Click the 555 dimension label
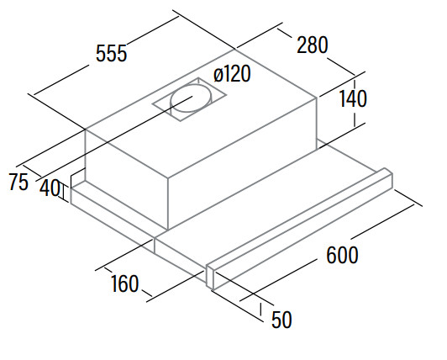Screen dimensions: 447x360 pyautogui.click(x=111, y=53)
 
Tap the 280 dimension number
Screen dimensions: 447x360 pyautogui.click(x=313, y=45)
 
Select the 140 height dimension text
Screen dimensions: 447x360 pyautogui.click(x=353, y=98)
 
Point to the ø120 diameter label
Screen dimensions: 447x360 pyautogui.click(x=232, y=73)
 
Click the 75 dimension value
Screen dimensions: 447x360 pyautogui.click(x=18, y=182)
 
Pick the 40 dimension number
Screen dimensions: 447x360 pyautogui.click(x=50, y=188)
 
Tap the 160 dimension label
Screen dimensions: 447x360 pyautogui.click(x=124, y=283)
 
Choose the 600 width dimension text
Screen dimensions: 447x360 pyautogui.click(x=342, y=255)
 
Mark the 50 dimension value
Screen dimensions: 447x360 pyautogui.click(x=281, y=319)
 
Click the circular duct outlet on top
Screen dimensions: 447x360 pyautogui.click(x=192, y=98)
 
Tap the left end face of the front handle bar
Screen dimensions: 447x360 pyautogui.click(x=210, y=277)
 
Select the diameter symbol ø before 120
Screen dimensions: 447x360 pyautogui.click(x=218, y=76)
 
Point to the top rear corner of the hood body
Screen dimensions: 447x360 pyautogui.click(x=235, y=50)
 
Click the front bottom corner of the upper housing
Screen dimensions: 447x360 pyautogui.click(x=168, y=230)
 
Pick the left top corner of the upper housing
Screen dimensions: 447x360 pyautogui.click(x=86, y=129)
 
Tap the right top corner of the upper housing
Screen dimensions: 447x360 pyautogui.click(x=317, y=98)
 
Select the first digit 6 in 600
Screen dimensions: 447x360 pyautogui.click(x=331, y=255)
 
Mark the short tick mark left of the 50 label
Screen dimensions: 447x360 pyautogui.click(x=260, y=310)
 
